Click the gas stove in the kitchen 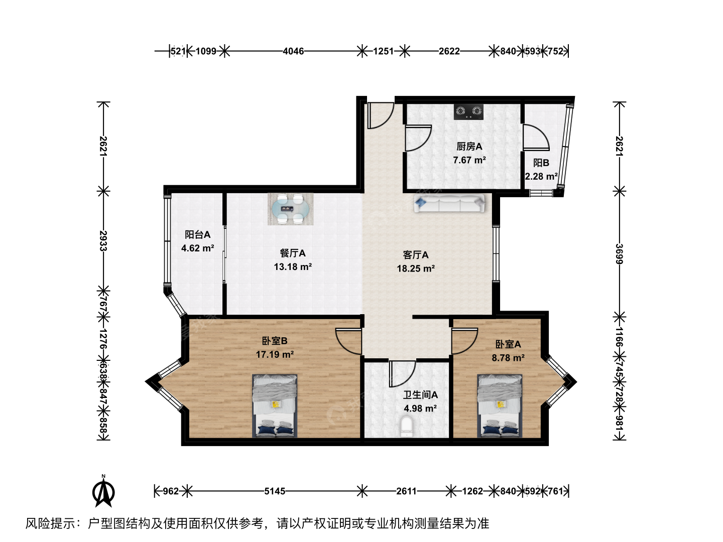pyautogui.click(x=468, y=111)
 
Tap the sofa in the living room pyautogui.click(x=449, y=203)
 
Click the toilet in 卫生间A pyautogui.click(x=407, y=427)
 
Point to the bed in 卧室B pyautogui.click(x=275, y=406)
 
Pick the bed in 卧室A pyautogui.click(x=500, y=406)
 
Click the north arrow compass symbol pyautogui.click(x=103, y=492)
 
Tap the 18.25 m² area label pyautogui.click(x=416, y=268)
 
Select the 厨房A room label pyautogui.click(x=469, y=147)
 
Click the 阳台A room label pyautogui.click(x=197, y=235)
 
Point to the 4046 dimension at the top pyautogui.click(x=293, y=51)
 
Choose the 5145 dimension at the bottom pyautogui.click(x=274, y=491)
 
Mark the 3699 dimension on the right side pyautogui.click(x=619, y=254)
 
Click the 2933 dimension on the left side pyautogui.click(x=103, y=240)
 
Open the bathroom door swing pyautogui.click(x=402, y=374)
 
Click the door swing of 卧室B pyautogui.click(x=348, y=341)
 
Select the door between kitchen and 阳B pyautogui.click(x=536, y=138)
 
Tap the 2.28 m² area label pyautogui.click(x=541, y=176)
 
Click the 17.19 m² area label pyautogui.click(x=275, y=354)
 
